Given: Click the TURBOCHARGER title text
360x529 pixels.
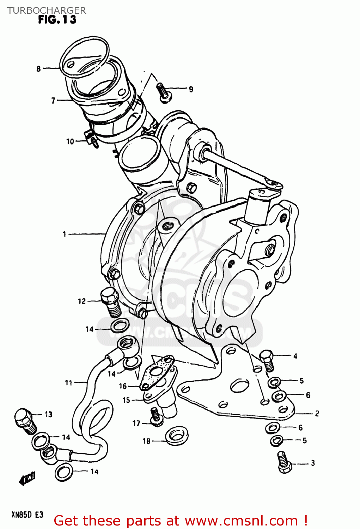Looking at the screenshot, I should (x=47, y=11).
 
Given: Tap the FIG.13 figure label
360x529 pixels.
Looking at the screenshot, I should (x=57, y=20).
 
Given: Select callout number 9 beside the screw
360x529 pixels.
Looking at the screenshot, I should (x=191, y=89).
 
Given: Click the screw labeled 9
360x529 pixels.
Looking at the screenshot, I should (x=164, y=92).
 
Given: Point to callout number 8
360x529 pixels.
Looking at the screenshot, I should (x=39, y=69).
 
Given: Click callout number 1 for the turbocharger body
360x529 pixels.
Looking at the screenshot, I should (x=65, y=234).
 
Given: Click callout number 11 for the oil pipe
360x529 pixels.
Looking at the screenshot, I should (x=69, y=383).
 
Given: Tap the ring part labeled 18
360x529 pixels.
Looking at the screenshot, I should (x=177, y=436).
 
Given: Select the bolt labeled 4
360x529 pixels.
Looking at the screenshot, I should (x=267, y=360).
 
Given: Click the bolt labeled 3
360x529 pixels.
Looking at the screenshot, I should (x=284, y=462).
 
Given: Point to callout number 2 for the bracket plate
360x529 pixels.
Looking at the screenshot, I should (x=317, y=413).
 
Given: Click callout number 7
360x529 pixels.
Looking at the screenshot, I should (x=53, y=101).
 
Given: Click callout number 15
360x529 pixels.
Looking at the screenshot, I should (x=126, y=400).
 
